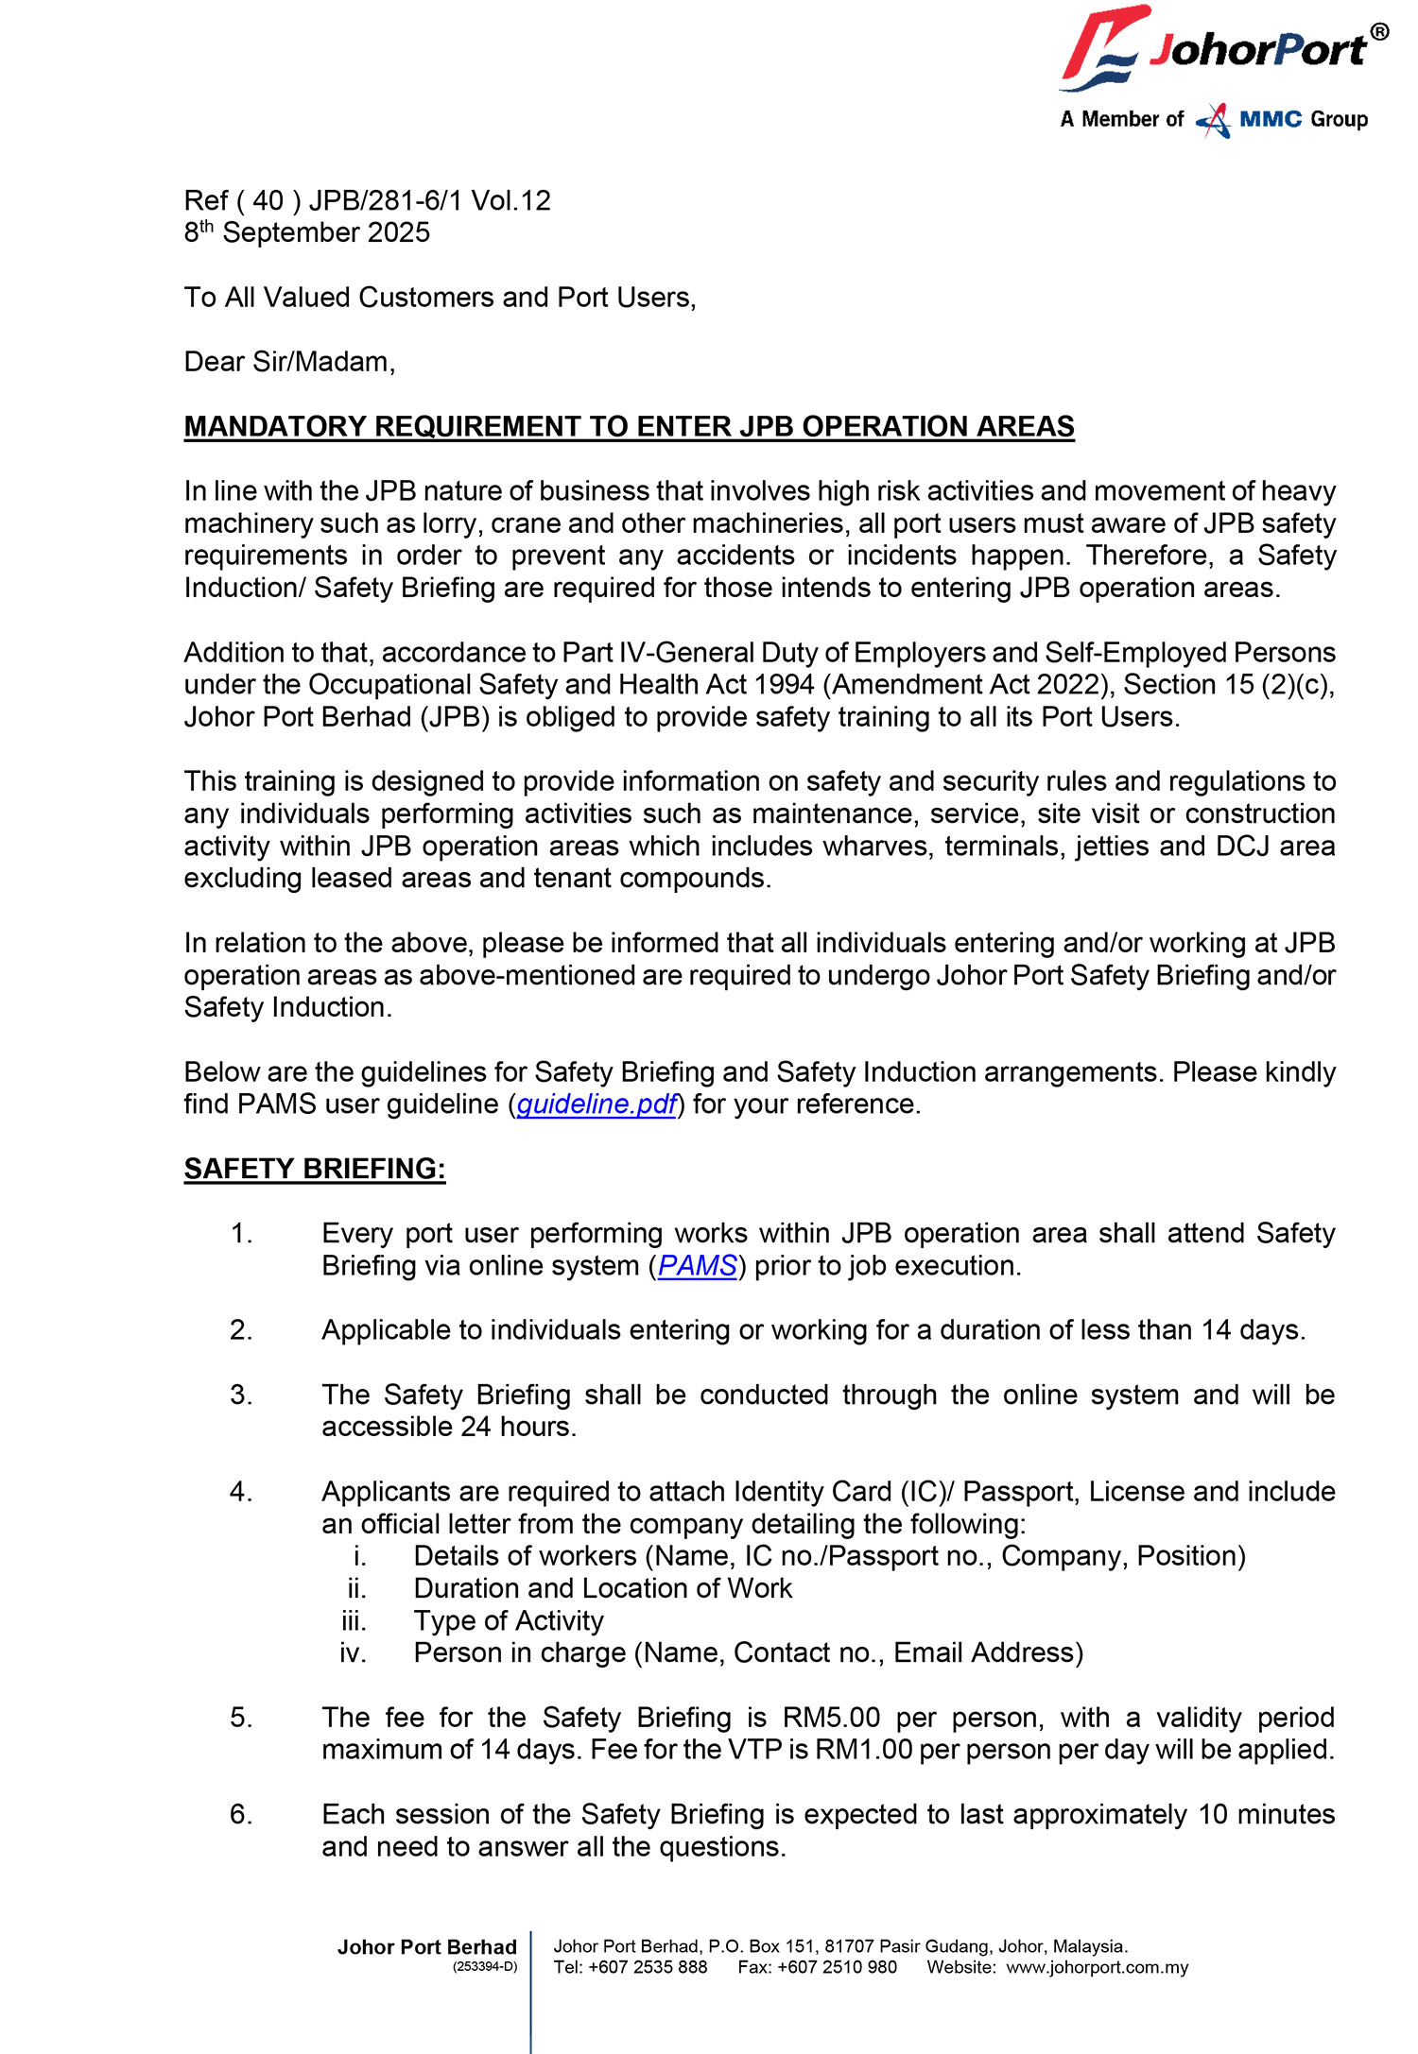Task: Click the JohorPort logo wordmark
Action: pos(1257,49)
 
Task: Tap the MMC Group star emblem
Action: pos(1213,120)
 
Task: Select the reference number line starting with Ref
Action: pos(367,200)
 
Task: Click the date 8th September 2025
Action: pos(306,232)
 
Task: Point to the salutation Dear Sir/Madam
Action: pos(289,362)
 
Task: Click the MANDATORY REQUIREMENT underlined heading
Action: pos(629,427)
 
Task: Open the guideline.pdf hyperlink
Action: pos(597,1104)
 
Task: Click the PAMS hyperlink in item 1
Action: pos(697,1266)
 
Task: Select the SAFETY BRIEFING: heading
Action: pos(314,1169)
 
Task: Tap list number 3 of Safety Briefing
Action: pos(241,1395)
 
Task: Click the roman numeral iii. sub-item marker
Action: pos(354,1621)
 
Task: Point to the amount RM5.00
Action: pos(831,1718)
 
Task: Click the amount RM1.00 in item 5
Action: pos(863,1750)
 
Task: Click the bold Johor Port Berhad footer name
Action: pos(426,1947)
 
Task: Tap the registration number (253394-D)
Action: pos(485,1967)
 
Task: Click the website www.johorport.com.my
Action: pos(1097,1968)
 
